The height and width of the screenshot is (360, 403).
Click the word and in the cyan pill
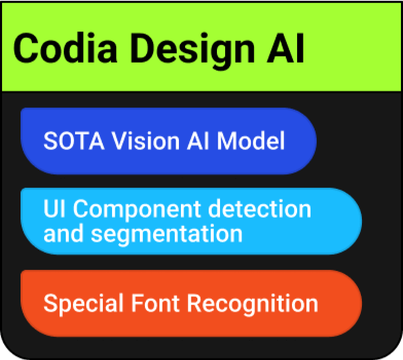tap(64, 234)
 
